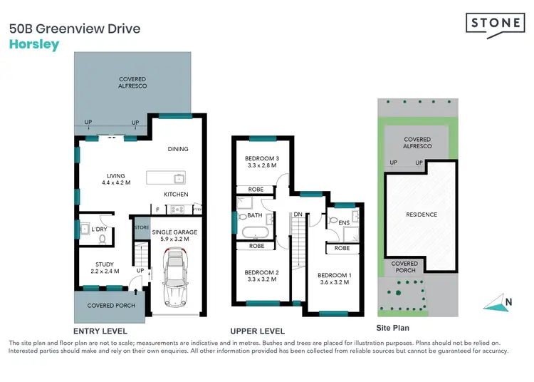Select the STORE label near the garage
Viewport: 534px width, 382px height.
pyautogui.click(x=142, y=228)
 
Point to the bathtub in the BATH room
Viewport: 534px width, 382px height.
pyautogui.click(x=254, y=232)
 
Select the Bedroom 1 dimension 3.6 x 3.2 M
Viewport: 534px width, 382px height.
pyautogui.click(x=334, y=284)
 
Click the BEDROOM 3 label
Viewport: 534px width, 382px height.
pyautogui.click(x=262, y=158)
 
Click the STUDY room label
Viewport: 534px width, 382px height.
pyautogui.click(x=105, y=264)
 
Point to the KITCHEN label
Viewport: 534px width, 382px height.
pyautogui.click(x=176, y=195)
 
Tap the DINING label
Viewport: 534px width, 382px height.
pyautogui.click(x=178, y=149)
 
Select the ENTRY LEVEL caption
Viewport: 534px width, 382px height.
pyautogui.click(x=101, y=331)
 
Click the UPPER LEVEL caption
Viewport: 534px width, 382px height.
pyautogui.click(x=257, y=331)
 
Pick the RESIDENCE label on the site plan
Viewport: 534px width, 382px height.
pyautogui.click(x=421, y=215)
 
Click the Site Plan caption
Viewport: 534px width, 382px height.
pyautogui.click(x=394, y=328)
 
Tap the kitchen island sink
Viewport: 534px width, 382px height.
pyautogui.click(x=178, y=177)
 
